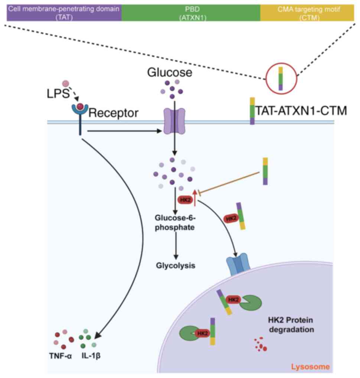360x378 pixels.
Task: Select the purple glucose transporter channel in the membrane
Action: click(x=171, y=121)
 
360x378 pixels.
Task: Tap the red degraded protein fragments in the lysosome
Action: click(x=260, y=343)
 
